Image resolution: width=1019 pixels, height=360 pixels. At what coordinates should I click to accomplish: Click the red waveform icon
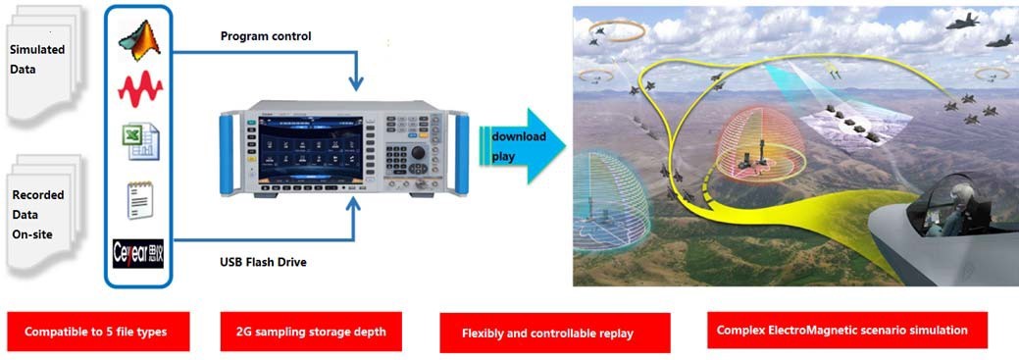140,91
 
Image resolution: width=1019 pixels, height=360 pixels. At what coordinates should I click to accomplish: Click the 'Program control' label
266,36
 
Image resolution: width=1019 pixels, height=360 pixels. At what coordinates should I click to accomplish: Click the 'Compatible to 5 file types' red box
95,332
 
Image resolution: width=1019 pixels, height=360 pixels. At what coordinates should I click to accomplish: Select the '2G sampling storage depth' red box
311,332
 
